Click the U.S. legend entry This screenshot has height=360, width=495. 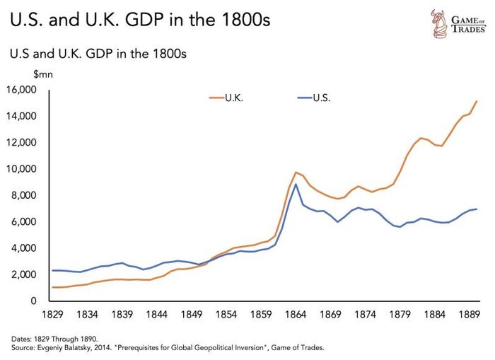[321, 98]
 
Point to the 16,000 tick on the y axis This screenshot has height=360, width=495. [21, 90]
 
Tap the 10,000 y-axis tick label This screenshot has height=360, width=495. [21, 169]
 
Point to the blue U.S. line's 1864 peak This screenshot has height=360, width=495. [296, 185]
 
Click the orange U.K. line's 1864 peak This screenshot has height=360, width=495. [296, 172]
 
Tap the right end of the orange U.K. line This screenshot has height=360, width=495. [477, 101]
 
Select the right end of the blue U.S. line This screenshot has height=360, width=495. [477, 209]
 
